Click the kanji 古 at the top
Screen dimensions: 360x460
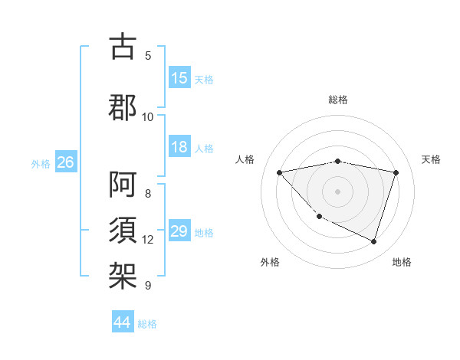point(123,47)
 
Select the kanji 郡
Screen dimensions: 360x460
point(123,106)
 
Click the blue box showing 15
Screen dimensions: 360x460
point(179,78)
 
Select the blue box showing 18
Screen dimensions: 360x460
point(179,148)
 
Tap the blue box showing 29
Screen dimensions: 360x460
point(179,232)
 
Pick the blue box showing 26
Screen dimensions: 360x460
point(66,162)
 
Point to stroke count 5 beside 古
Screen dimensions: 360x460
point(148,56)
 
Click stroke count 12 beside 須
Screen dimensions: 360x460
point(148,240)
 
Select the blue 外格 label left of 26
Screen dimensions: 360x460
point(41,163)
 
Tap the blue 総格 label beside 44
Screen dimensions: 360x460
point(148,324)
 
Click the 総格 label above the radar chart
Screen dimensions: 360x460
point(338,100)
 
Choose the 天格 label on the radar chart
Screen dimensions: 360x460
point(432,159)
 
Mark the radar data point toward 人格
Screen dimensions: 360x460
point(279,172)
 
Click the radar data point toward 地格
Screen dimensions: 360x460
point(373,241)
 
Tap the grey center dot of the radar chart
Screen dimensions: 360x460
point(337,191)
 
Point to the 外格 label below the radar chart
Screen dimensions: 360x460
point(270,262)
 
